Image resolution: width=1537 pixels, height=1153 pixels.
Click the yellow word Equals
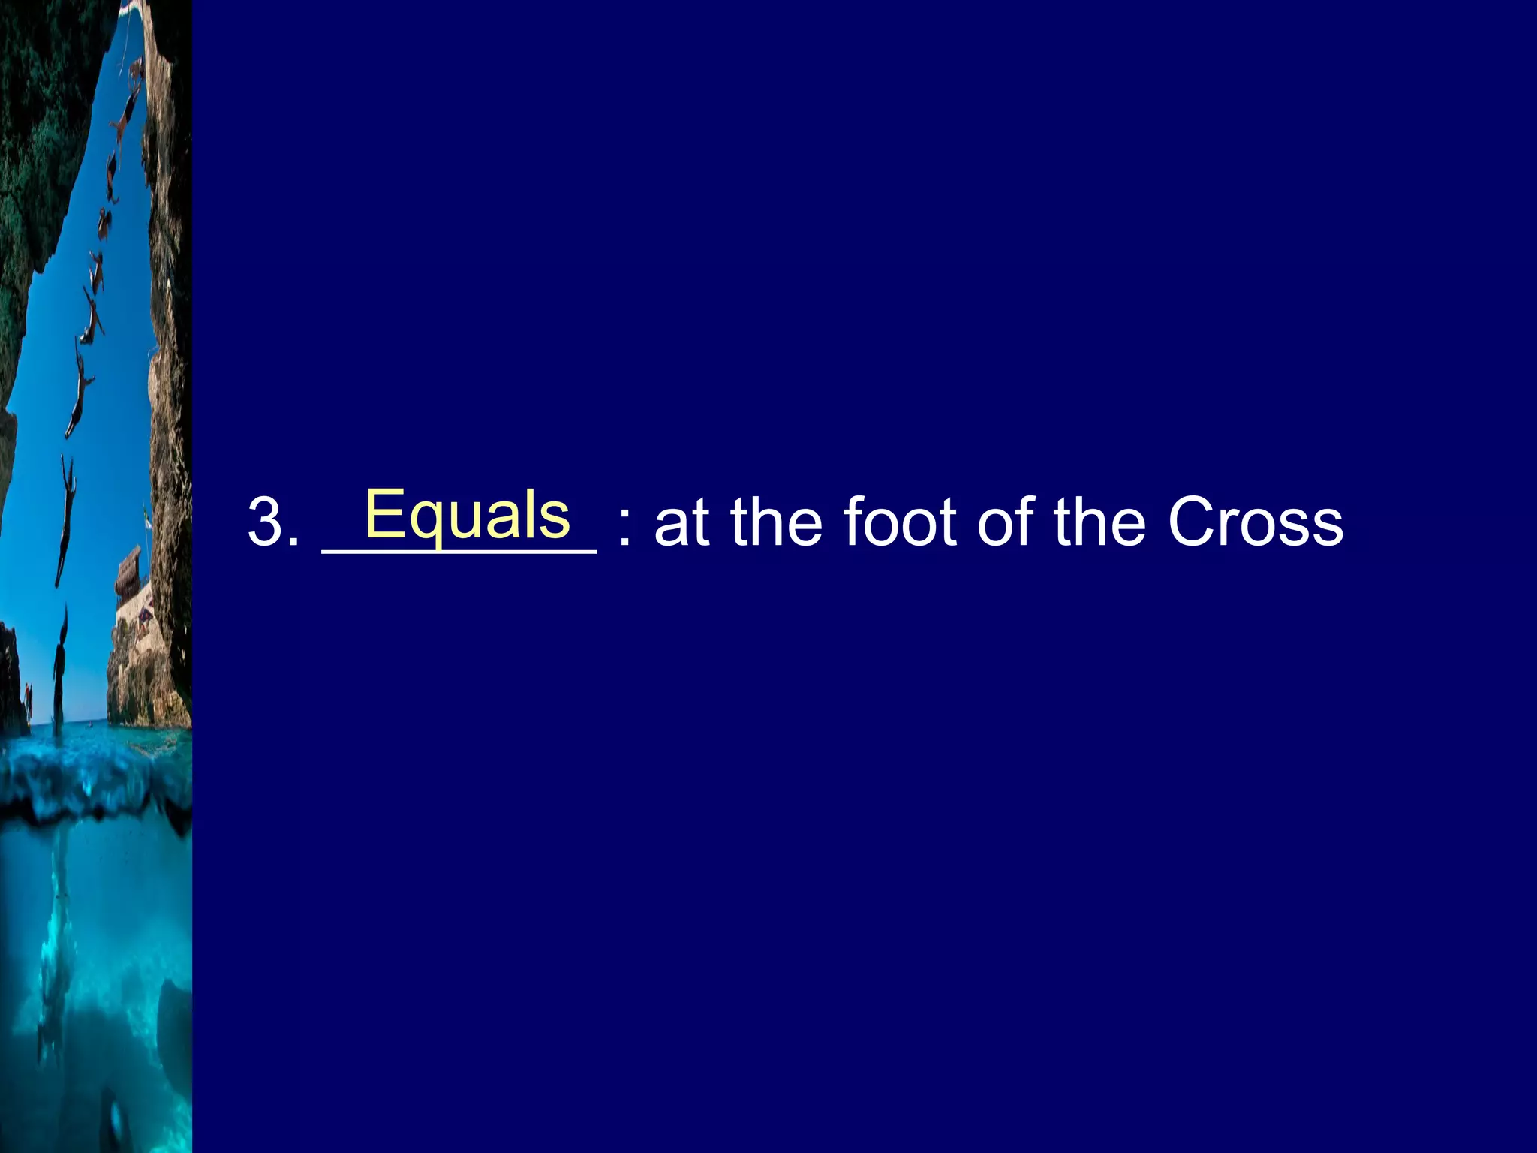[x=467, y=515]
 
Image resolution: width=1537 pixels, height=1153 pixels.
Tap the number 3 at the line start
[x=266, y=522]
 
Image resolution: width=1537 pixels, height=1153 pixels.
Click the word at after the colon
[x=681, y=522]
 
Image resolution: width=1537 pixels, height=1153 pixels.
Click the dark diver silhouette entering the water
[x=59, y=668]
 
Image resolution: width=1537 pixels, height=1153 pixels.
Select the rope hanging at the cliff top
[x=126, y=38]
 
